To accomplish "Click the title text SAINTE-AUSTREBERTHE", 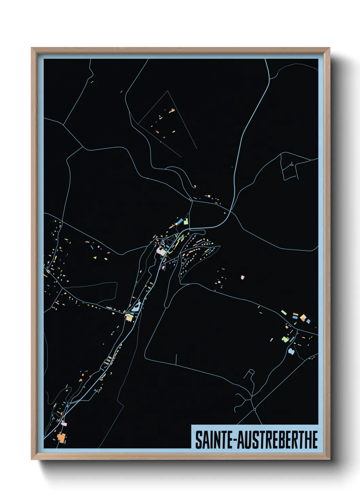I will (256, 440).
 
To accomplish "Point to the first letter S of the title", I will (198, 440).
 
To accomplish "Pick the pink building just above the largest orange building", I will (64, 424).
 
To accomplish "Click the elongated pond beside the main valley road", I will (136, 306).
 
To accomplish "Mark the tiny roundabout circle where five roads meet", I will (255, 409).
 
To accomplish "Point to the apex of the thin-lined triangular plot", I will (168, 91).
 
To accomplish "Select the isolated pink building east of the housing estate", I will (242, 277).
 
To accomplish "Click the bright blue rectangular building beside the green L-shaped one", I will (177, 223).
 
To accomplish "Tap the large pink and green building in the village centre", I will (161, 251).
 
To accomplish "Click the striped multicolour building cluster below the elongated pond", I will (129, 317).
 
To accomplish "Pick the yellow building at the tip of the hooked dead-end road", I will (194, 186).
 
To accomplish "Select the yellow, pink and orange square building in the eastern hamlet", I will (303, 318).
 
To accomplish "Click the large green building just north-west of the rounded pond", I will (285, 339).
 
